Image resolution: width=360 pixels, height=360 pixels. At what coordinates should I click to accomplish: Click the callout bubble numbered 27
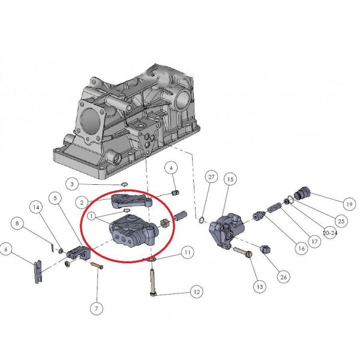(x=211, y=177)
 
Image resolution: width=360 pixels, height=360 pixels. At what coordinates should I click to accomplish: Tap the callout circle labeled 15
(x=230, y=179)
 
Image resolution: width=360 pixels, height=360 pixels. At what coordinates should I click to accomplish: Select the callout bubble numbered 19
(x=349, y=204)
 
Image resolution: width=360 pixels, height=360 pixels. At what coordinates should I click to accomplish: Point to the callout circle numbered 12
(x=197, y=292)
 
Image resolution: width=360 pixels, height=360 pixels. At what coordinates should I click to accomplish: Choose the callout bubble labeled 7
(x=97, y=308)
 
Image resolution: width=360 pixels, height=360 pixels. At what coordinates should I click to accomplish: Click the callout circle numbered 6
(x=6, y=249)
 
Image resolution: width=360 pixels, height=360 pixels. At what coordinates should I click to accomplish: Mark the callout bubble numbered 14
(x=36, y=208)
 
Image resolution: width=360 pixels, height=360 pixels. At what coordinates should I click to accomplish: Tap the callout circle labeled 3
(x=72, y=184)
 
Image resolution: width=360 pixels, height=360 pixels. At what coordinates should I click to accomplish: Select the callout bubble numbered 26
(x=284, y=277)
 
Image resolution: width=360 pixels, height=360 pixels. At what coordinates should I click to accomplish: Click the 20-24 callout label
(x=330, y=233)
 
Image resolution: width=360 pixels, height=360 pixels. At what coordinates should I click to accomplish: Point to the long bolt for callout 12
(x=154, y=282)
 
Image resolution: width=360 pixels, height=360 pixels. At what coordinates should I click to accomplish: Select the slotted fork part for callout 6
(x=38, y=272)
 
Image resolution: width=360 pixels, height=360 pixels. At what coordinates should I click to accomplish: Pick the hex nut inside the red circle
(x=165, y=223)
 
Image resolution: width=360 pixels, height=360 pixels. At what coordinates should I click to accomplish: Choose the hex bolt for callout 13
(x=243, y=251)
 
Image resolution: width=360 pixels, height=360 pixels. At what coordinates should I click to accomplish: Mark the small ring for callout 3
(x=124, y=184)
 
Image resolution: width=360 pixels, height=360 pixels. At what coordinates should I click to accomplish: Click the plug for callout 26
(x=265, y=249)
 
